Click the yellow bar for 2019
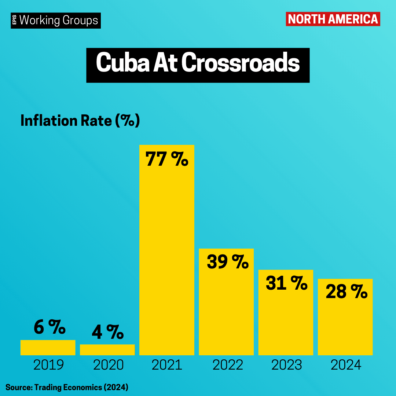[x=48, y=348]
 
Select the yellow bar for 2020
[x=107, y=350]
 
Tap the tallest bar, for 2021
[x=167, y=250]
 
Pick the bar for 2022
[x=226, y=302]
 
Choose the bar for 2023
[x=286, y=312]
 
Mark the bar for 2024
[x=345, y=317]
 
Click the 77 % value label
[x=167, y=159]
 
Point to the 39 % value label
[x=228, y=261]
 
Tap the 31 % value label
[x=286, y=283]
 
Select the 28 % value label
[x=346, y=291]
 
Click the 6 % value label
[x=49, y=327]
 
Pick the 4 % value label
[x=108, y=331]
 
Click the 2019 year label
[x=48, y=365]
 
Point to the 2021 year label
[x=167, y=365]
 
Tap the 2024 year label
[x=346, y=365]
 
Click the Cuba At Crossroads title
[x=198, y=65]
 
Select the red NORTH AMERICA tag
[x=333, y=19]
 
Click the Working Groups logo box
[x=56, y=21]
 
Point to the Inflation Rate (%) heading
[x=80, y=121]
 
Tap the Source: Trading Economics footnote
[x=67, y=387]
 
